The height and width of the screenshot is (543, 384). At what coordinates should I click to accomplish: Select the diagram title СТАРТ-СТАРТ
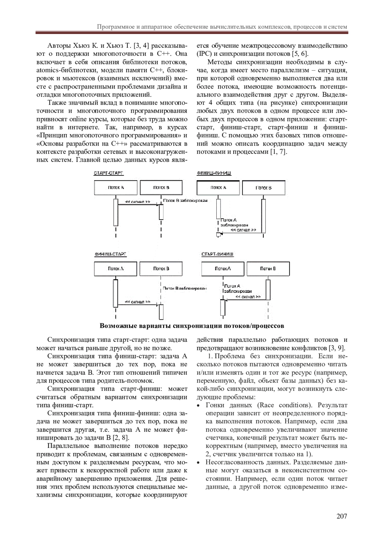[108, 173]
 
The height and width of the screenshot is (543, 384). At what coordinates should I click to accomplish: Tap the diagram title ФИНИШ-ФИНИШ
[214, 173]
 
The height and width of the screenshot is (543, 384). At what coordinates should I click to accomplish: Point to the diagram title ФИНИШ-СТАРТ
[110, 254]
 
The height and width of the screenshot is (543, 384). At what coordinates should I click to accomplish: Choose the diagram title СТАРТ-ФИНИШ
[217, 254]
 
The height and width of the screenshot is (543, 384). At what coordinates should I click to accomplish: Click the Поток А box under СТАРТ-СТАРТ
[116, 188]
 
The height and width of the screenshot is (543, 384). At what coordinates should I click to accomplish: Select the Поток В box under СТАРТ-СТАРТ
[161, 188]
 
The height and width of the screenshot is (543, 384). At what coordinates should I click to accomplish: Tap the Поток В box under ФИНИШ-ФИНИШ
[263, 188]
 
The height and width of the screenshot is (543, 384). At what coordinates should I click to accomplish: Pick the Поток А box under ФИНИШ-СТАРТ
[116, 269]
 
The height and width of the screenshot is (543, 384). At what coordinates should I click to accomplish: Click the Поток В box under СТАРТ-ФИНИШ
[268, 269]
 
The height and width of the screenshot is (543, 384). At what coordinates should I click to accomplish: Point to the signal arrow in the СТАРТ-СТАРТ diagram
[138, 204]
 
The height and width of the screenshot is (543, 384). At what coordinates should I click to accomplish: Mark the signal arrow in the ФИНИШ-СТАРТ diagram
[138, 304]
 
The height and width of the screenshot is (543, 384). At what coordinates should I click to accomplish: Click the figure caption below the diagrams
[192, 326]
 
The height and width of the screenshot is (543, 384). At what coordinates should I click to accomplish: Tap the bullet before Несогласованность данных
[199, 463]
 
